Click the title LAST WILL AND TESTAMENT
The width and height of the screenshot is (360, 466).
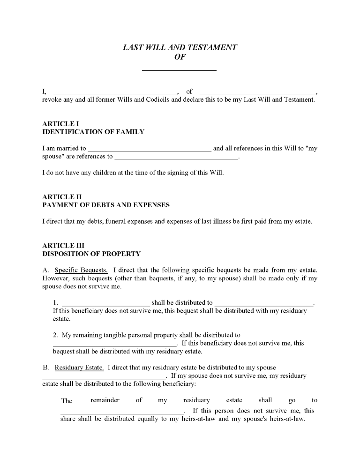point(180,47)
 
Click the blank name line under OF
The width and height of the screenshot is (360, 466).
point(179,68)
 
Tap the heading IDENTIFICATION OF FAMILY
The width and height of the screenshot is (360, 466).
point(93,132)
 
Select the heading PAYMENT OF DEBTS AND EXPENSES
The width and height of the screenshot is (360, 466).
point(106,205)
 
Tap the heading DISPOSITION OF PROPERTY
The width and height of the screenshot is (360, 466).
point(91,254)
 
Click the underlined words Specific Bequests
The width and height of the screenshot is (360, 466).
point(81,270)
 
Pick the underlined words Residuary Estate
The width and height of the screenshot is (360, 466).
point(79,368)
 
